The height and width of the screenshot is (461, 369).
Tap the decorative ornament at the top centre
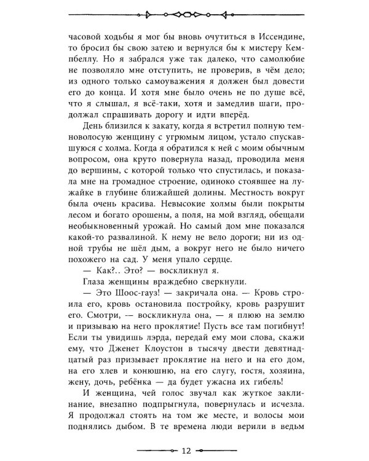184,14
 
